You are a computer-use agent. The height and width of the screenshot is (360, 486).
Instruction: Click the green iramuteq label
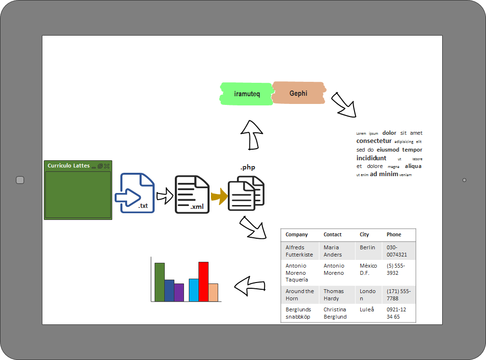247,94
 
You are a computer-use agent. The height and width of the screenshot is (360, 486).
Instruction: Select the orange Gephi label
298,93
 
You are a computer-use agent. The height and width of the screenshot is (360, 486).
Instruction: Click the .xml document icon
192,194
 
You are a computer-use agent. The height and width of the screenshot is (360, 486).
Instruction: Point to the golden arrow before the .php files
219,196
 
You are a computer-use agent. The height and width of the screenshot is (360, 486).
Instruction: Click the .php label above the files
248,167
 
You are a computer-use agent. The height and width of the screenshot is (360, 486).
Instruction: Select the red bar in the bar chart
203,282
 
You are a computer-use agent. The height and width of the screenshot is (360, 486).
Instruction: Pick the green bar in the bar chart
159,282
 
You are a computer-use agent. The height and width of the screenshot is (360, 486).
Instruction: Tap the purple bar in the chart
179,292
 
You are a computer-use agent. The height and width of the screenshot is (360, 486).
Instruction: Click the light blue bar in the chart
194,290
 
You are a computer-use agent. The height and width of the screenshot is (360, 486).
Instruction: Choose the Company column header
297,235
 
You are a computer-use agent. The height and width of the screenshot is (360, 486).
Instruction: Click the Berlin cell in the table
368,247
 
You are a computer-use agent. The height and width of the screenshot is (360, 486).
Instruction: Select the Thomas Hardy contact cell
334,295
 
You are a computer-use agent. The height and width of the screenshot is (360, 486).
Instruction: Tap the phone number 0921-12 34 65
396,313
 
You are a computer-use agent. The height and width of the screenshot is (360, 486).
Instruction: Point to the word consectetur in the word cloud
374,141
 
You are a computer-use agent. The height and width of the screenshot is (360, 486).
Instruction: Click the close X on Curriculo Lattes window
107,166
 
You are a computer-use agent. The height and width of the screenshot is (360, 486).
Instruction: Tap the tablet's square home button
20,180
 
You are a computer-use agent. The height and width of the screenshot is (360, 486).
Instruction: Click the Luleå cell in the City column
367,309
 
